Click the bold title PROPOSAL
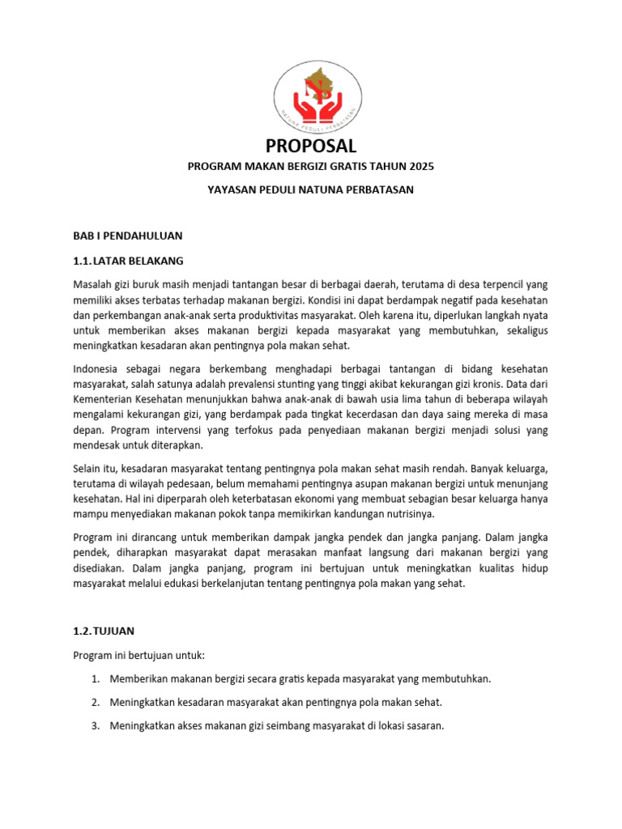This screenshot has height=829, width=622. [x=311, y=146]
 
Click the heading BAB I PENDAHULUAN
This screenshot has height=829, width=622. [x=128, y=236]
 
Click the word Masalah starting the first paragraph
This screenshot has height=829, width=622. [x=93, y=284]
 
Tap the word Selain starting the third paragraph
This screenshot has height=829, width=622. [x=88, y=469]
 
